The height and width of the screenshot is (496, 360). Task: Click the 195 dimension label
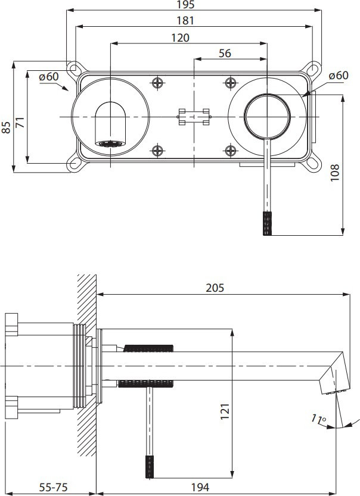[185, 5]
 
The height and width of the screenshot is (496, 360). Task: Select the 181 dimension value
[185, 21]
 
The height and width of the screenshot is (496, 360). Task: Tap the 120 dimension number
[180, 38]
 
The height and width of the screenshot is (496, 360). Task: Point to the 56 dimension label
[225, 54]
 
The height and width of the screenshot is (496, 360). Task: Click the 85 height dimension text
[7, 127]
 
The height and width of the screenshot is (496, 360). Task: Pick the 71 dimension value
[20, 122]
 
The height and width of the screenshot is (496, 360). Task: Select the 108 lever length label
[335, 173]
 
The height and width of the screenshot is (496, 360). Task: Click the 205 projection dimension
[215, 288]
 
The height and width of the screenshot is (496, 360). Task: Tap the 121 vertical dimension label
[225, 411]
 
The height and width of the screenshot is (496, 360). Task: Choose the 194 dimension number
[200, 487]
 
